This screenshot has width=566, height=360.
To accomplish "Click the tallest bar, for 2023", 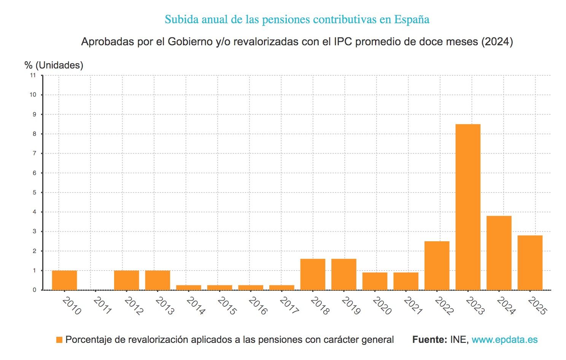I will [468, 207].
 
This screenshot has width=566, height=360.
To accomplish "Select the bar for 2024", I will [499, 253].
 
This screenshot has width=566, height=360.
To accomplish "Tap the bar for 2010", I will [64, 280].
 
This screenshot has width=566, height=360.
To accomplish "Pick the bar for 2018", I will [313, 274].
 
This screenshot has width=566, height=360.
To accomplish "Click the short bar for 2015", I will [219, 287].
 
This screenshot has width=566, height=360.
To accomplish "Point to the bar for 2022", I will [437, 266].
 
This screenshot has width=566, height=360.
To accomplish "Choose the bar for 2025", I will [530, 263].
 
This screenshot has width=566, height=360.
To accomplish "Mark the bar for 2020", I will [375, 281].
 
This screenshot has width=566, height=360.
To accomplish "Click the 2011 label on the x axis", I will [102, 306].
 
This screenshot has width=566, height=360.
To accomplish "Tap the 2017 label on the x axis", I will [289, 306].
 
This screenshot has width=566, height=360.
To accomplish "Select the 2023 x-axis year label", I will [475, 306].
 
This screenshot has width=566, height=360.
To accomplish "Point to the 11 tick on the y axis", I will [33, 75].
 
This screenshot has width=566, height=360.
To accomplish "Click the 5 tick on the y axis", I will [35, 193].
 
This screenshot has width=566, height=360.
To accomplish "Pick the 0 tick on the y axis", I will [35, 290].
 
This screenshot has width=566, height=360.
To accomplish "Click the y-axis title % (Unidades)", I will [54, 65].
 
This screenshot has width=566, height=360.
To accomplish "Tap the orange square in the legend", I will [59, 340].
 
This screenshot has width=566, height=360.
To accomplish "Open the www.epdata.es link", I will [504, 340].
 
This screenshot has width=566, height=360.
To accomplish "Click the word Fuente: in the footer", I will [429, 340].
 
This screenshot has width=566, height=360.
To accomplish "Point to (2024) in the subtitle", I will [497, 41].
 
